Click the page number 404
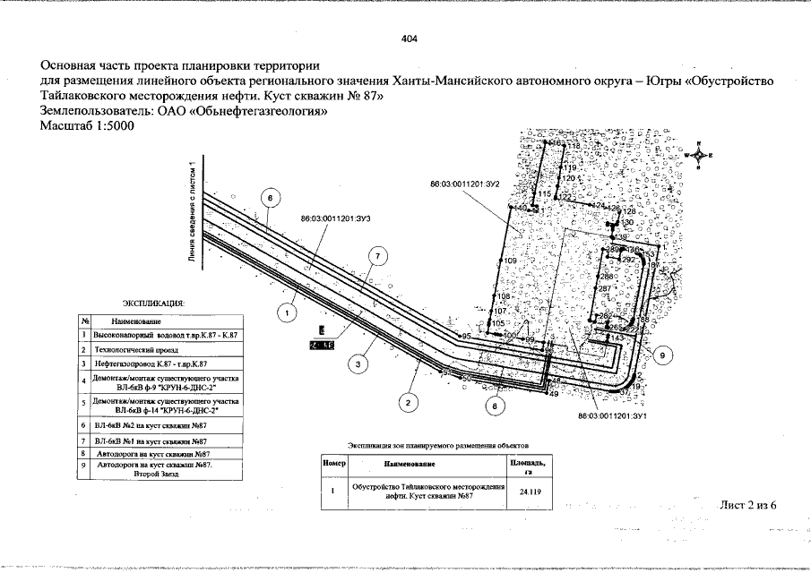point(410,39)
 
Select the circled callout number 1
point(286,313)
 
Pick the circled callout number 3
point(358,363)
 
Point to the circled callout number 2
point(407,403)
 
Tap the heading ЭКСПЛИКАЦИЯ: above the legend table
point(153,303)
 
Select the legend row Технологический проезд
point(131,349)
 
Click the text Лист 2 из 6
point(747,505)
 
